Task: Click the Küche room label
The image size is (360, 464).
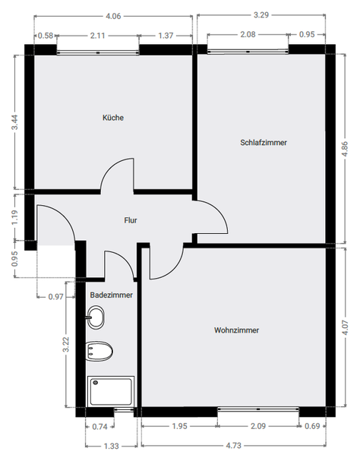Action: (113, 118)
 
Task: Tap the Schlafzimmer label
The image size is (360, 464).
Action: (264, 142)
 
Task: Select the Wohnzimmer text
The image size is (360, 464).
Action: (236, 330)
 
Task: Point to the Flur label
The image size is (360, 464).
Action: (131, 220)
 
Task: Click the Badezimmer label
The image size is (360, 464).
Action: (112, 295)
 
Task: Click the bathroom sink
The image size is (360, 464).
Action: (96, 317)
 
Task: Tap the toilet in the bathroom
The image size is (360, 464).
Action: (99, 352)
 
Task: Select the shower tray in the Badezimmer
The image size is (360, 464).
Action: (111, 391)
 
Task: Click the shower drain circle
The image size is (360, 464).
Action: (96, 383)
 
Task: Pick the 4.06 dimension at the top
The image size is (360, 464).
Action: (113, 16)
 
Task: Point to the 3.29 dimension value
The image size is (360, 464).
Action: (261, 14)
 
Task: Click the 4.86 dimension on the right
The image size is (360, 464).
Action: (345, 149)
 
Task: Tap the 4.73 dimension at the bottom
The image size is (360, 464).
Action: (234, 445)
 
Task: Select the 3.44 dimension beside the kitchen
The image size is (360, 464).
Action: (14, 122)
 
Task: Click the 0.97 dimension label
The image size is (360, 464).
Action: (55, 296)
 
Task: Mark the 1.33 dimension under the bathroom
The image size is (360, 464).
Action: (112, 446)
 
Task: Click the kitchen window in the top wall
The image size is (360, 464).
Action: (98, 52)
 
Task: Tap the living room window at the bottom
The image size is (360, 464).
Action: (258, 409)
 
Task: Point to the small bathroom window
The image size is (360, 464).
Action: (124, 409)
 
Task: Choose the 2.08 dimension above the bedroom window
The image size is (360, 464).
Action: (248, 35)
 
